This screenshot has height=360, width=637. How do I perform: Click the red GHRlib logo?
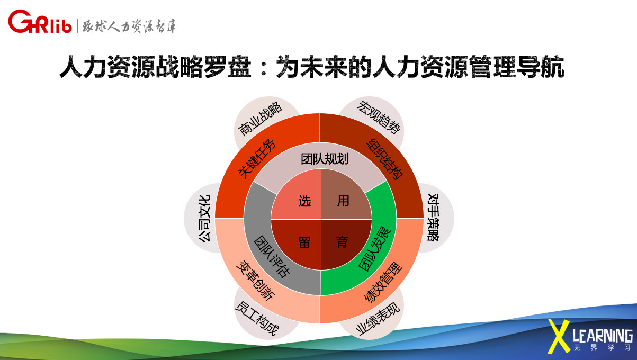40,22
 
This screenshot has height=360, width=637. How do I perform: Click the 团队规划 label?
325,159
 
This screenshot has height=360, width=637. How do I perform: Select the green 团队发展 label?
374,249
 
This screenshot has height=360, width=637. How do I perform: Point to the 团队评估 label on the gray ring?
272,256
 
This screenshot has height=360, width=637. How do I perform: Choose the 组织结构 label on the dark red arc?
385,159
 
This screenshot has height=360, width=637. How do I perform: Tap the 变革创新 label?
256,281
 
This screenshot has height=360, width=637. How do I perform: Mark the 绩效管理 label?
383,283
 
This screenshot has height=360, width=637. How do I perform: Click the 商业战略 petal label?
260,119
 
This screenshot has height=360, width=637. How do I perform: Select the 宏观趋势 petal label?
379,117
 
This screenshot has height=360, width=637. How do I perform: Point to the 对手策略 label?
433,218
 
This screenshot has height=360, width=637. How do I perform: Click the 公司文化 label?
204,219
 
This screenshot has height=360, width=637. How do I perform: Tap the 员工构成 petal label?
257,319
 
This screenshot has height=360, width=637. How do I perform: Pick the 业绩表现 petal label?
378,319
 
